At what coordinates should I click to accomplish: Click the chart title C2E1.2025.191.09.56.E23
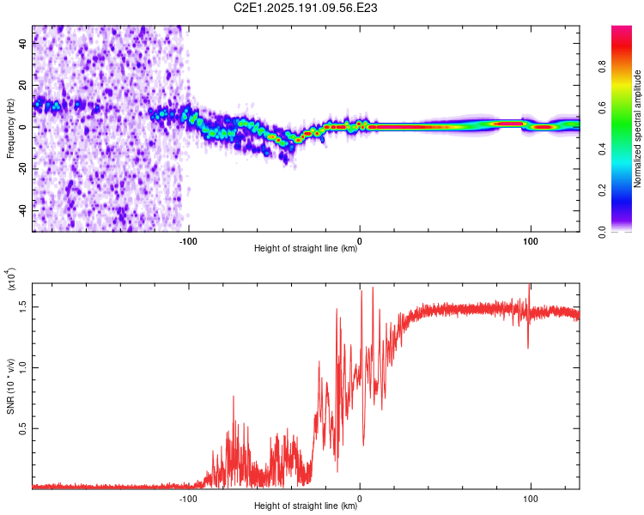click(x=305, y=8)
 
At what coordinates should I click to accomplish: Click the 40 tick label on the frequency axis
click(x=23, y=43)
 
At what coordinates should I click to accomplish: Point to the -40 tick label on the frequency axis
click(x=23, y=211)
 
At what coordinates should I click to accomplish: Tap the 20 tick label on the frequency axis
click(x=23, y=85)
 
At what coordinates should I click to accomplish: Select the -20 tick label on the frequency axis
click(x=23, y=169)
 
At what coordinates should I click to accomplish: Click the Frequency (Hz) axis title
click(x=10, y=129)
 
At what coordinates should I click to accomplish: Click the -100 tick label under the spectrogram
click(x=188, y=241)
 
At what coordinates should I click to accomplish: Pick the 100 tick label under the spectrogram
click(x=531, y=241)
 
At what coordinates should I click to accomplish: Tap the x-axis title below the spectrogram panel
click(x=306, y=248)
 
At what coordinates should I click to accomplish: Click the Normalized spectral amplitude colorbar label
click(x=637, y=129)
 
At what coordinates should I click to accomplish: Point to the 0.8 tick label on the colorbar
click(x=602, y=67)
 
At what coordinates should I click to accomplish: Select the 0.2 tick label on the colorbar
click(x=602, y=191)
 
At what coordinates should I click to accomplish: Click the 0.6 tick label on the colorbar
click(x=602, y=108)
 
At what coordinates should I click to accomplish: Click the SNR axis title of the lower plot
click(x=10, y=386)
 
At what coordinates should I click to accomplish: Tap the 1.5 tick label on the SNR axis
click(x=23, y=306)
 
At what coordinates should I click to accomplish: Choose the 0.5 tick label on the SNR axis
click(x=23, y=429)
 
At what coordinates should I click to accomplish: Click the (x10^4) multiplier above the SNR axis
click(x=9, y=279)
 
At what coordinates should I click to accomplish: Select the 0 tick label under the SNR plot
click(x=360, y=499)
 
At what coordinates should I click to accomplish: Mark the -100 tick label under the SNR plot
click(x=188, y=499)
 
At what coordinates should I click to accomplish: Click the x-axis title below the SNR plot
click(x=306, y=506)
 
